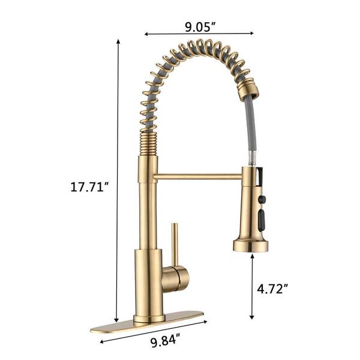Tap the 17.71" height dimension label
88,187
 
